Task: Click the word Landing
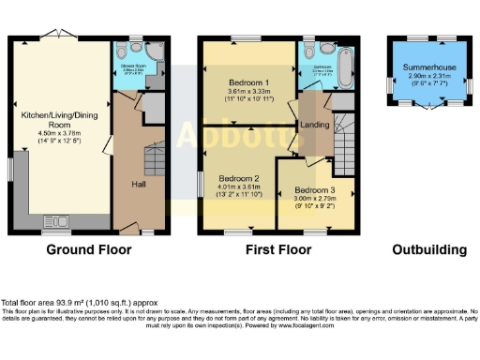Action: [x=312, y=124]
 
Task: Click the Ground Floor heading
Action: [x=90, y=250]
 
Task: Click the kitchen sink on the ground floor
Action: [x=57, y=223]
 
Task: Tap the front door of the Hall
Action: [x=148, y=232]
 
